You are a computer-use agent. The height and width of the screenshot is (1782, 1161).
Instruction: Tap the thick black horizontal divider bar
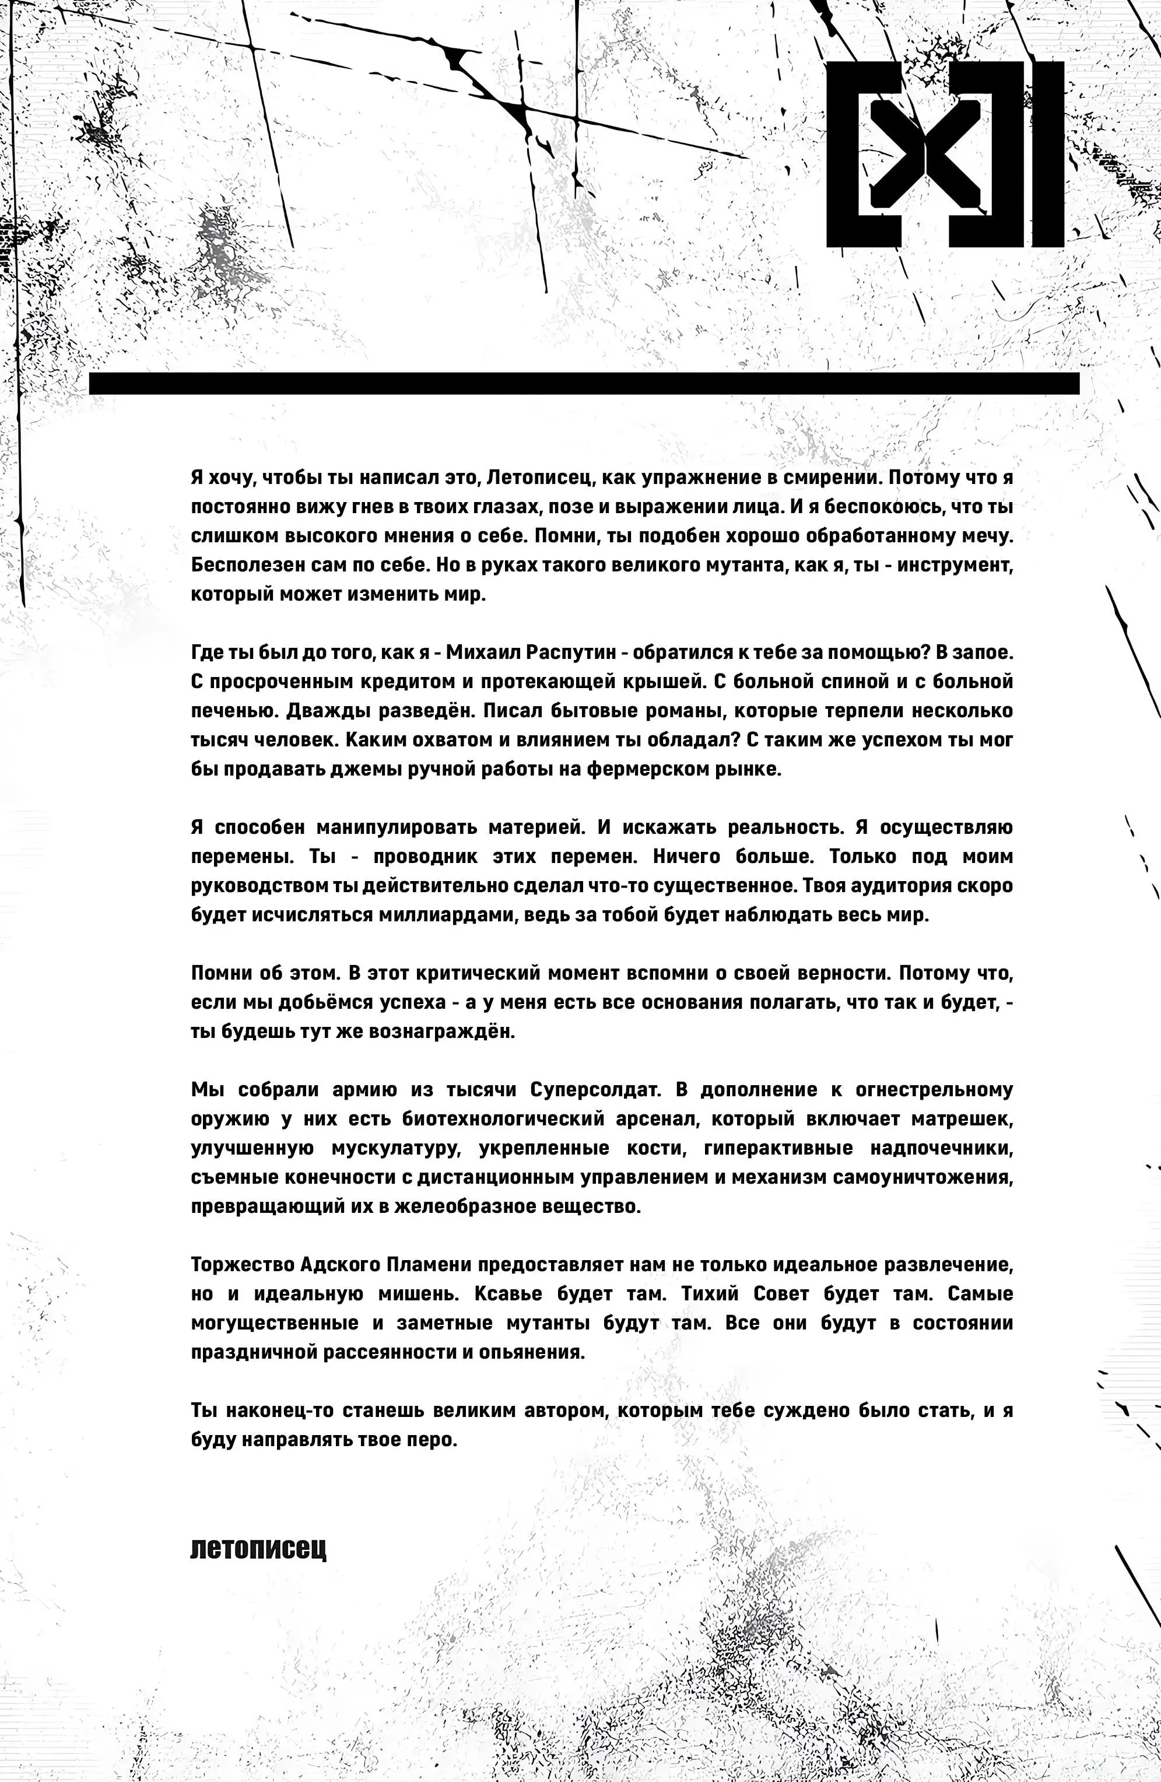pyautogui.click(x=584, y=383)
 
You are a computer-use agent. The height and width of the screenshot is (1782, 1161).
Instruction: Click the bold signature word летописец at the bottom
pyautogui.click(x=258, y=1548)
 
